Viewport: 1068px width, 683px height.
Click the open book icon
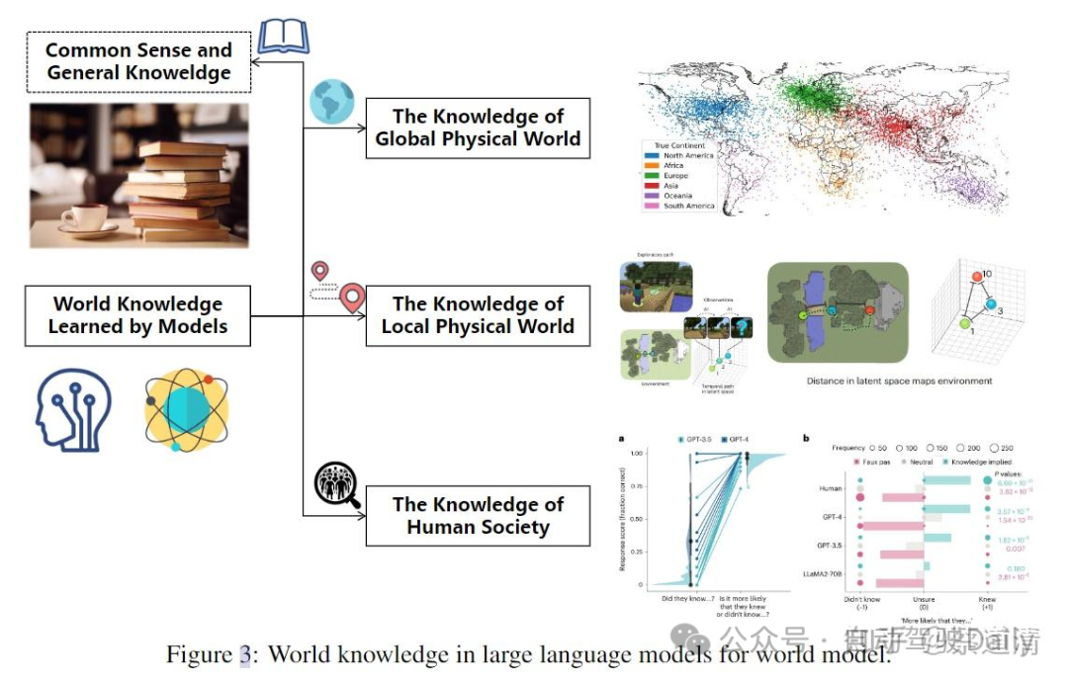[284, 37]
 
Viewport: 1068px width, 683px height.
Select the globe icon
[331, 102]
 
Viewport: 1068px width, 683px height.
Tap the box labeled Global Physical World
[478, 128]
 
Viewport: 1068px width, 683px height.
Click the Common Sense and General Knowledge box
[137, 61]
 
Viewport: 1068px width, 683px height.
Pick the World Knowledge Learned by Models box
[137, 315]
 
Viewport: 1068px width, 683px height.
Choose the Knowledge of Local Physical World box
[478, 315]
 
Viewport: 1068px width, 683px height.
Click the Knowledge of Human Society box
[478, 515]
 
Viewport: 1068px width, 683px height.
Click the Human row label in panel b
[831, 488]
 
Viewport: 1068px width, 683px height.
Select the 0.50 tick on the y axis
[637, 519]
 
